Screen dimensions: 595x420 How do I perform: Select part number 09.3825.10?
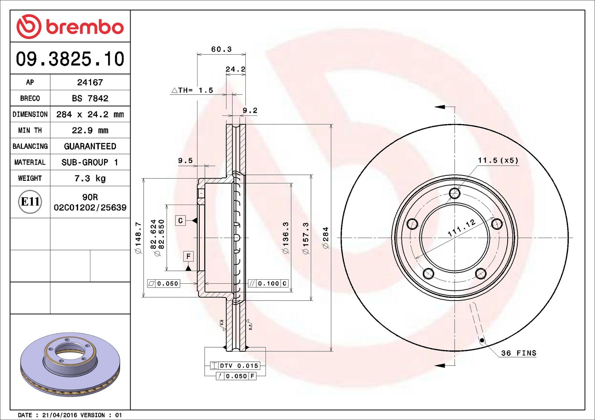coord(70,59)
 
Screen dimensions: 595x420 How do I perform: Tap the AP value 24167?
coord(90,82)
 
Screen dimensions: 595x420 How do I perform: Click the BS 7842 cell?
coord(90,98)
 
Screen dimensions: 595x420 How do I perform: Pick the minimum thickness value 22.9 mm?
coord(90,130)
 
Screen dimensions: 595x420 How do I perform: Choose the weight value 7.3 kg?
coord(90,178)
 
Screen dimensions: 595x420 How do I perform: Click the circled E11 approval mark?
coord(30,202)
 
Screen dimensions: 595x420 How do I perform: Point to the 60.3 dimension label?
coord(221,49)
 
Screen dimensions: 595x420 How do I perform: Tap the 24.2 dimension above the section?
coord(236,69)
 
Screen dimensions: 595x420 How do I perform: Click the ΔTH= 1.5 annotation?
coord(192,90)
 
